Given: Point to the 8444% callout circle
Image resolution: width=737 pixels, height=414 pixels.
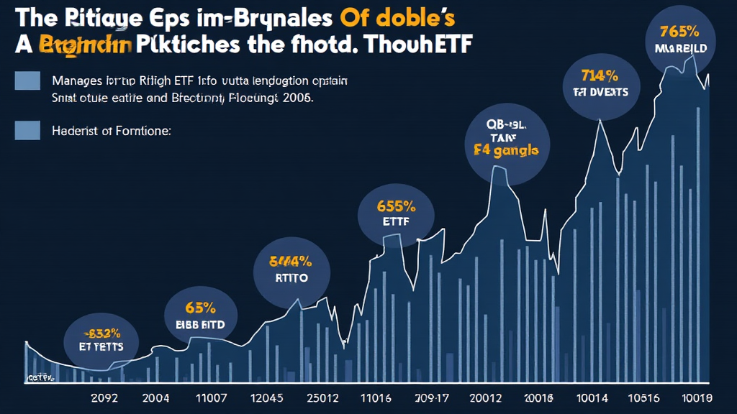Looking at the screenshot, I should (291, 270).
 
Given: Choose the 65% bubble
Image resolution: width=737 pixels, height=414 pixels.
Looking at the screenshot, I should (201, 316).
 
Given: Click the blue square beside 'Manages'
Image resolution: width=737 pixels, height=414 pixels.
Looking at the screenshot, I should (27, 80).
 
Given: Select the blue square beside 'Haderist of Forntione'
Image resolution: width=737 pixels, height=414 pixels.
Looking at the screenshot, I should (27, 130).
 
